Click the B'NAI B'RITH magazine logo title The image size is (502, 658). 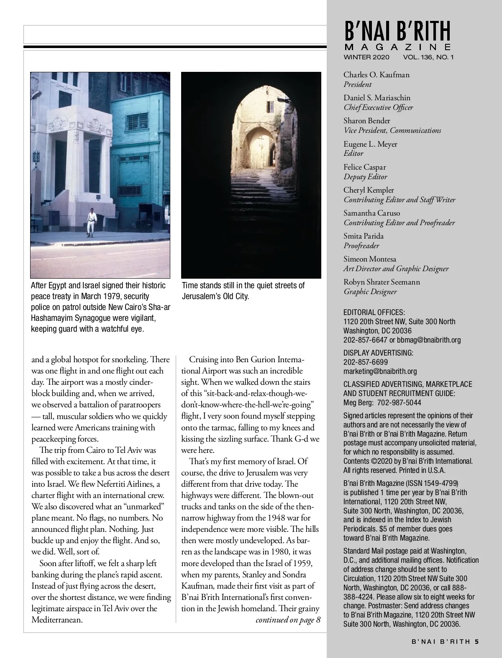coord(397,31)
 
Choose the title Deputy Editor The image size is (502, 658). coord(365,177)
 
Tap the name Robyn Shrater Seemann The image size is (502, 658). coord(382,282)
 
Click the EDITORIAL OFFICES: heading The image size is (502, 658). coord(374,312)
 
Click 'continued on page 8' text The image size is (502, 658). coord(288,620)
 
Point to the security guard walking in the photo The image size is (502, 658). coord(92,221)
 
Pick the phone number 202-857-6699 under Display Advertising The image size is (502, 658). coord(365,362)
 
